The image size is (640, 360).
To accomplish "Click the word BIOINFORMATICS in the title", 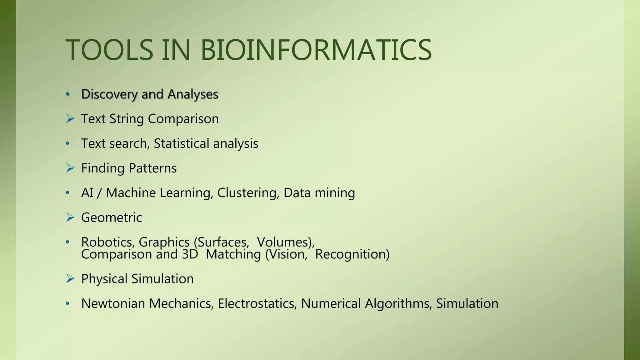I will pyautogui.click(x=316, y=50).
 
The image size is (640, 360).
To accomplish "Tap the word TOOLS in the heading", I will pyautogui.click(x=109, y=50).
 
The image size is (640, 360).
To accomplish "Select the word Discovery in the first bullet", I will pyautogui.click(x=109, y=94).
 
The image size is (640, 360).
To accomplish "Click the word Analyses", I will pyautogui.click(x=193, y=94).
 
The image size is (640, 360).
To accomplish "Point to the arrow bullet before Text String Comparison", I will pyautogui.click(x=70, y=119).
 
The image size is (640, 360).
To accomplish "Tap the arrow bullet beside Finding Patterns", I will pyautogui.click(x=70, y=168).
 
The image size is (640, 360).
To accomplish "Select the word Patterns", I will pyautogui.click(x=153, y=168).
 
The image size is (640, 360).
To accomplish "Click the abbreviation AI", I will pyautogui.click(x=87, y=193).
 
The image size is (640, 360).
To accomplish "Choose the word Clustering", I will pyautogui.click(x=248, y=193).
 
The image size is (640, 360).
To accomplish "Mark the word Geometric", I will pyautogui.click(x=112, y=217).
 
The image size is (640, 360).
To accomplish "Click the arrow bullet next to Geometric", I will pyautogui.click(x=70, y=217).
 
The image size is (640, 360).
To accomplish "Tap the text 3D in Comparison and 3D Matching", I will pyautogui.click(x=190, y=254).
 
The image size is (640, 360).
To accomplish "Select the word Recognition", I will pyautogui.click(x=352, y=254).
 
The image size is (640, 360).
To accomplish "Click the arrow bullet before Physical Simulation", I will pyautogui.click(x=70, y=279).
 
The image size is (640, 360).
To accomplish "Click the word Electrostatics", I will pyautogui.click(x=257, y=303).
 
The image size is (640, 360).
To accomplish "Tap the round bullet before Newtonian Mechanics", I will pyautogui.click(x=67, y=303).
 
